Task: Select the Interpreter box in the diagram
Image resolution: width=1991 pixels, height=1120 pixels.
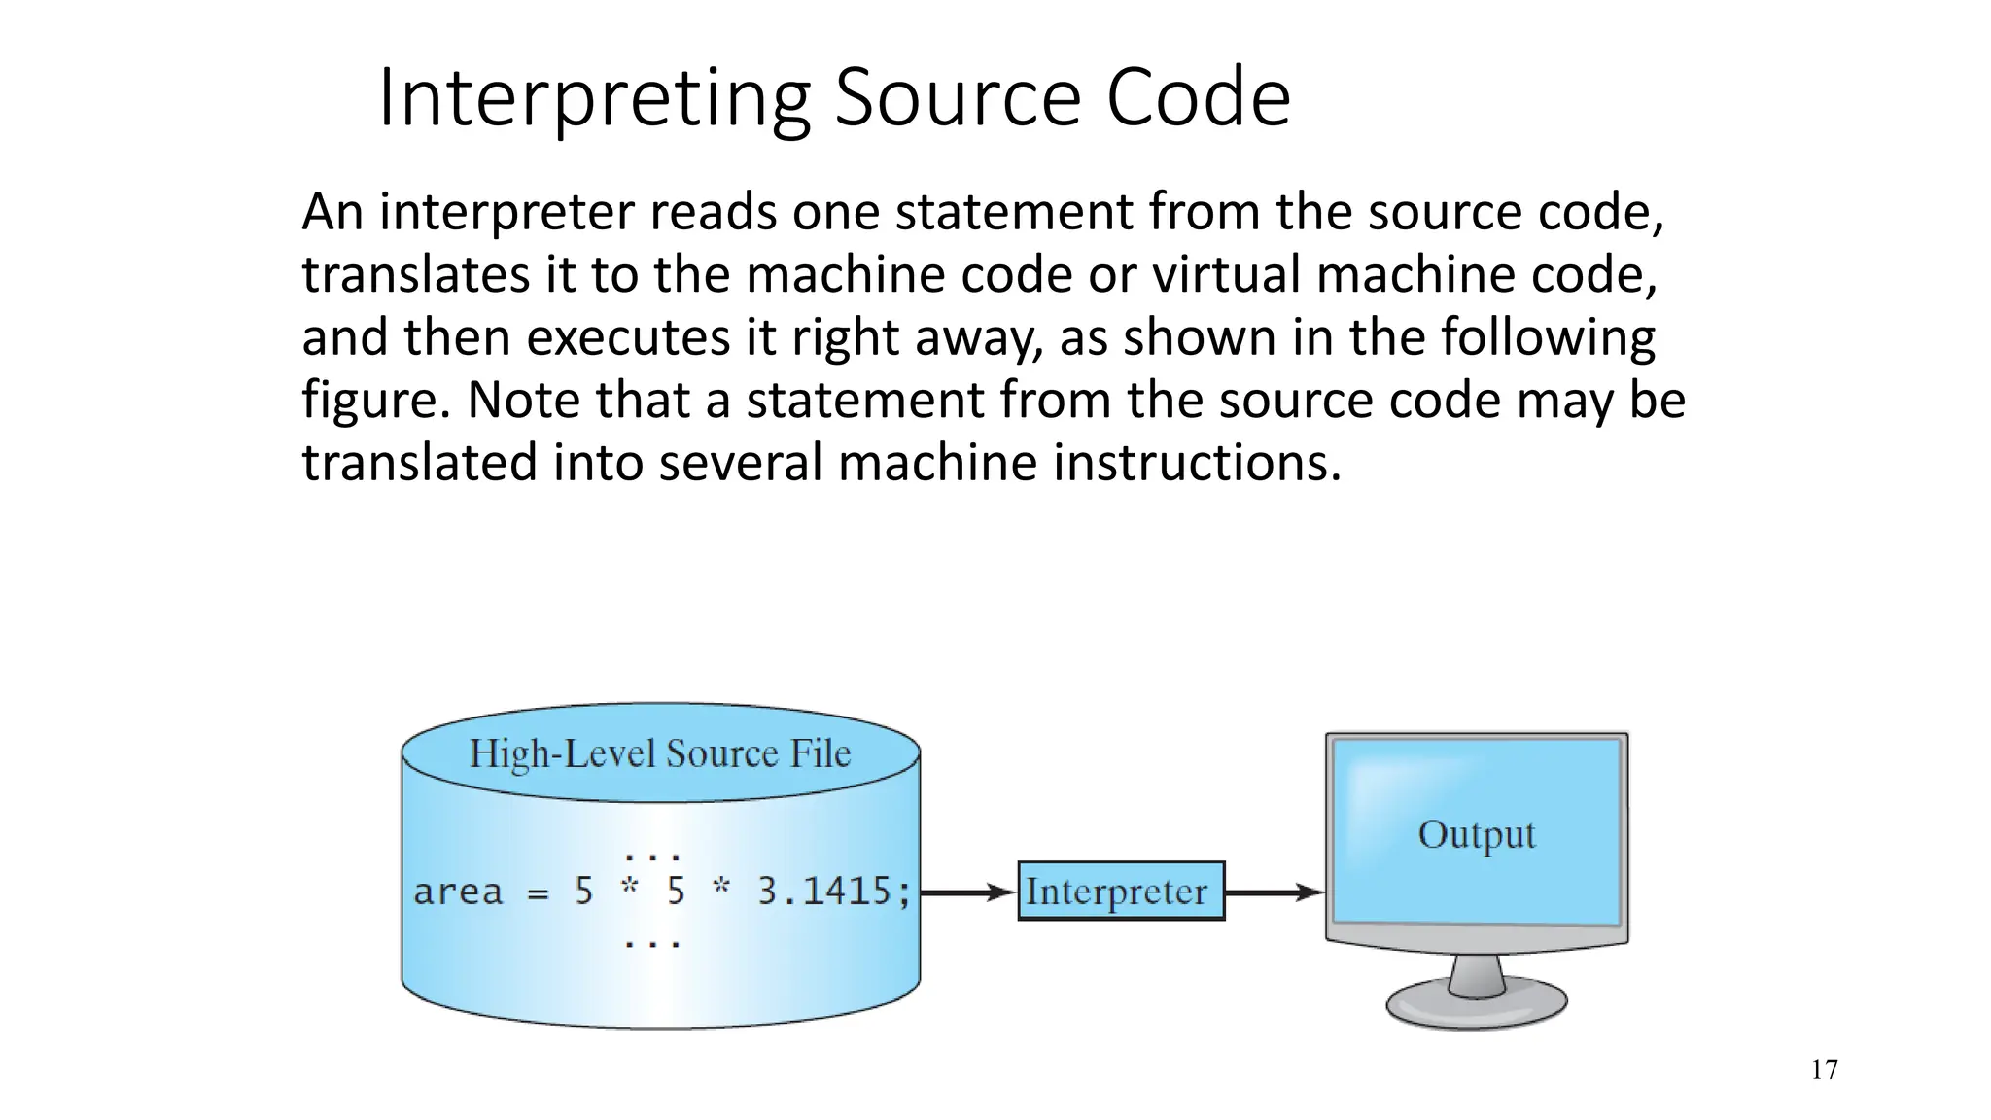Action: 1120,891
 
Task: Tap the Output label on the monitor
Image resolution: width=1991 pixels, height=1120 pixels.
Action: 1476,835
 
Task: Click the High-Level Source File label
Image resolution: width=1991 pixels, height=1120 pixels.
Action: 660,753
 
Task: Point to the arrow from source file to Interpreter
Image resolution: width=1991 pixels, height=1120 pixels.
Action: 968,892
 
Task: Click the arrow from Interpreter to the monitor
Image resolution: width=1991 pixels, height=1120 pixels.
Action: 1275,892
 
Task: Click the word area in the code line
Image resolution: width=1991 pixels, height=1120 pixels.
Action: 458,892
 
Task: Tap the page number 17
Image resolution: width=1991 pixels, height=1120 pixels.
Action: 1824,1070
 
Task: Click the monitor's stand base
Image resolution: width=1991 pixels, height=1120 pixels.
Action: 1476,1005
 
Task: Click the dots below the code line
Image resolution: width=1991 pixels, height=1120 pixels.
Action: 652,943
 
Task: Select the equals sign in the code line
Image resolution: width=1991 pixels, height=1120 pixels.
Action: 538,893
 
